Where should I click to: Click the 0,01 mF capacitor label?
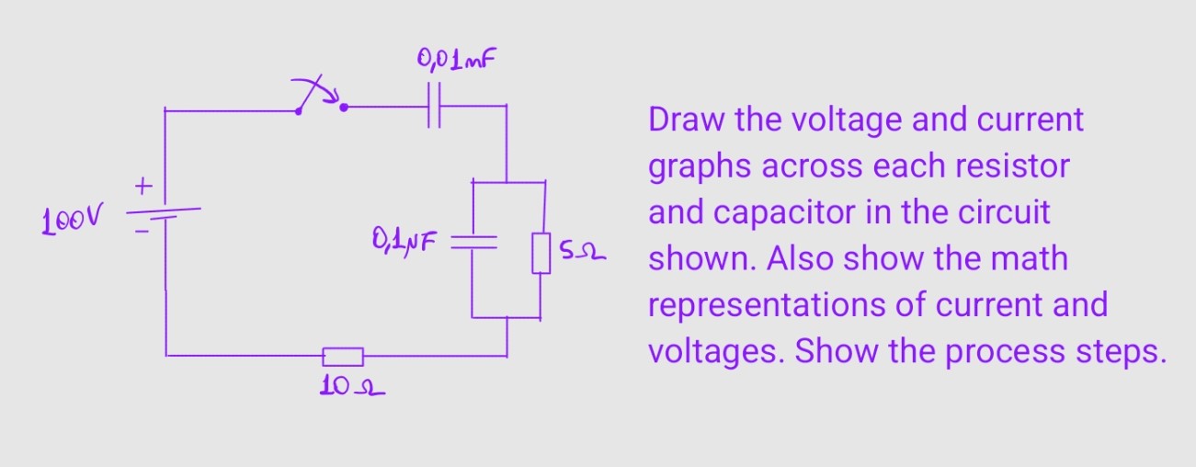click(461, 63)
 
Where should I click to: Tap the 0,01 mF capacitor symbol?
click(436, 107)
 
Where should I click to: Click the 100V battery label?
click(73, 221)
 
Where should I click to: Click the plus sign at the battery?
click(142, 187)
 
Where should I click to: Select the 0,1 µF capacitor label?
click(404, 242)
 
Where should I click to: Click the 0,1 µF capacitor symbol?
click(473, 242)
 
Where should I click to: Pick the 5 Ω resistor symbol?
click(541, 253)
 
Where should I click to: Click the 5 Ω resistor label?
click(584, 249)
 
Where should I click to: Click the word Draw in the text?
click(684, 120)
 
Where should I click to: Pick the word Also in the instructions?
click(799, 258)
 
